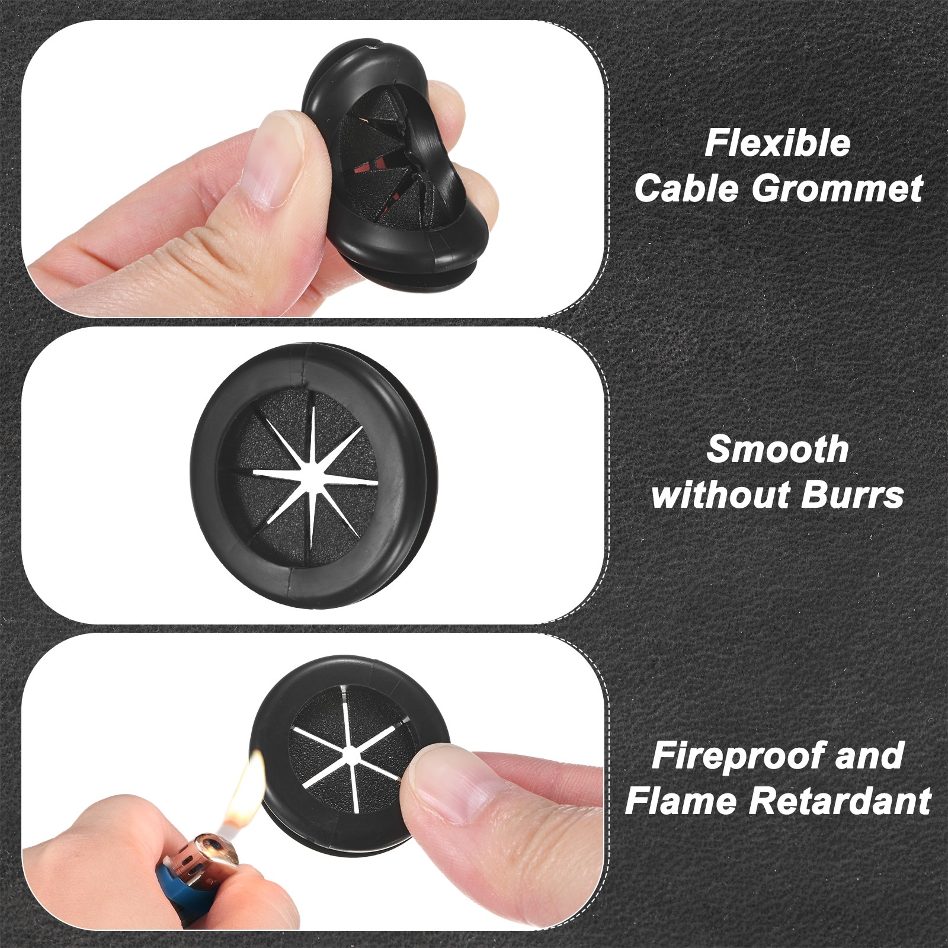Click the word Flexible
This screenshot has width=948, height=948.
[777, 144]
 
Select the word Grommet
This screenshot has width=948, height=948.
[837, 188]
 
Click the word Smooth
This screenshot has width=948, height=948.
[777, 450]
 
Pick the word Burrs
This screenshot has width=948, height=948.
[853, 495]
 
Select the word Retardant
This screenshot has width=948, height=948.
[840, 801]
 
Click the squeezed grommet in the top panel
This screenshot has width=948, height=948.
[396, 169]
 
